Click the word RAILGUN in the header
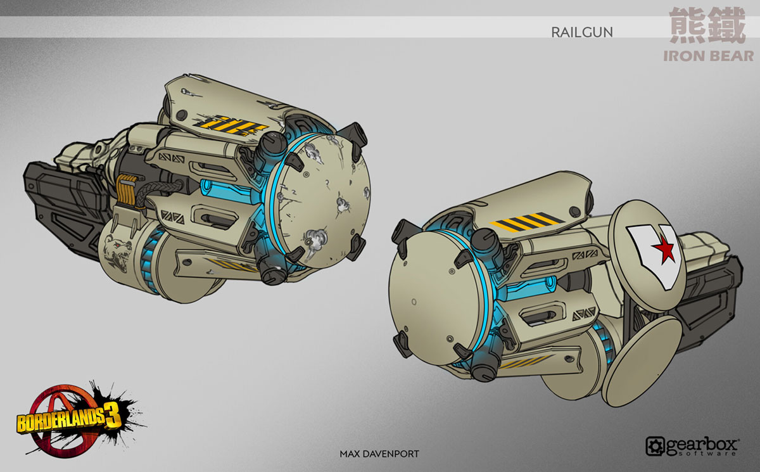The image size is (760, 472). (581, 31)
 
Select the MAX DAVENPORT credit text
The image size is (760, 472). (379, 454)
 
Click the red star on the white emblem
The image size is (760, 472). (660, 252)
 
